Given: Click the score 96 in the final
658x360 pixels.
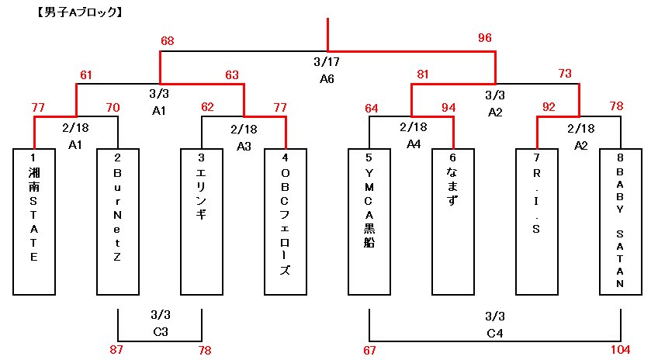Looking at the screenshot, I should point(485,38).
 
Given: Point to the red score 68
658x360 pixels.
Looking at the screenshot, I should point(168,40).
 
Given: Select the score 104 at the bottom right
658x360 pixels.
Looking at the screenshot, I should point(621,350).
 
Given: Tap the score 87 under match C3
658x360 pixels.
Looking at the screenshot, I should point(116,350).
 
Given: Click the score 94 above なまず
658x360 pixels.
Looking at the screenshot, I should point(448,107).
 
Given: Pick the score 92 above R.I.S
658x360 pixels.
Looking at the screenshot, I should point(548,107).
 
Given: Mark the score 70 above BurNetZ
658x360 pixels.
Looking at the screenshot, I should point(113,107).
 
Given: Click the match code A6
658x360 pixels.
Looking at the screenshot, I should point(327,78).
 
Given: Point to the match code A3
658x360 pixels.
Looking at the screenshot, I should point(244,145).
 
